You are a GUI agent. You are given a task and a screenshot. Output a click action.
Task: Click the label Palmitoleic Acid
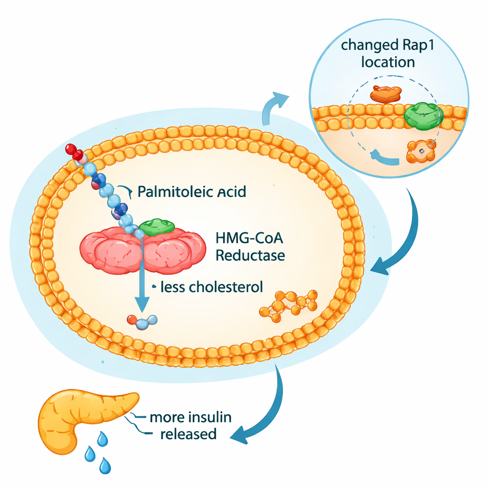tap(192, 192)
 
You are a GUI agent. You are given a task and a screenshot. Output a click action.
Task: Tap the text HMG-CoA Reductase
tap(250, 246)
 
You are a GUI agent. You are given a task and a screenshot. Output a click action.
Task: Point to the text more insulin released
tap(190, 426)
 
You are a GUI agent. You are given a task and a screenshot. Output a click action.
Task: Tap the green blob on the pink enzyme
tap(157, 227)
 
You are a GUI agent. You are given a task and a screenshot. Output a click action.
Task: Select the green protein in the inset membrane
tap(423, 115)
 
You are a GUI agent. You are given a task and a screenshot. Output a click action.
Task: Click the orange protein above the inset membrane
tap(386, 94)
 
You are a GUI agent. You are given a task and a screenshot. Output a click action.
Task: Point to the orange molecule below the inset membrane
tap(420, 151)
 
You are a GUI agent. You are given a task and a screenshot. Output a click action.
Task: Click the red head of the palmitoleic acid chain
tap(74, 151)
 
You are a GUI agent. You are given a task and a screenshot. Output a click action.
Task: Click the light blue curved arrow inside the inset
tap(383, 157)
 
